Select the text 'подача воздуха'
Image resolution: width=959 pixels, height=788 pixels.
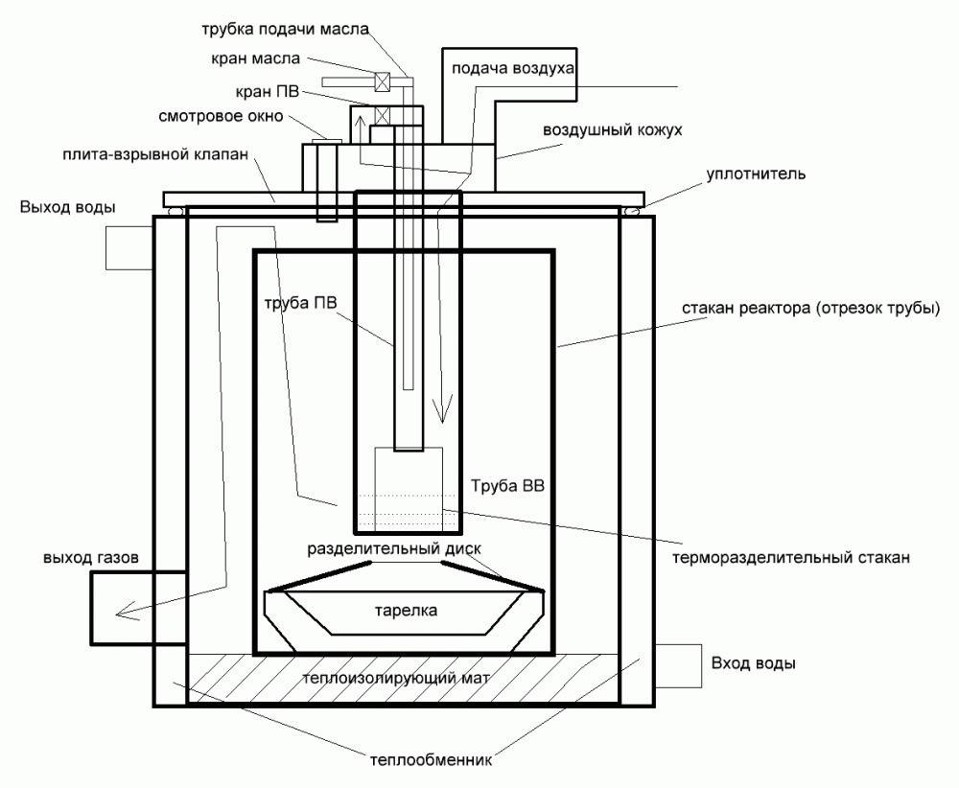509,69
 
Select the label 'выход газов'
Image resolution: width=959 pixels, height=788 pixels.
91,557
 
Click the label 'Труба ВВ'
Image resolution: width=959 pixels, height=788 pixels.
507,486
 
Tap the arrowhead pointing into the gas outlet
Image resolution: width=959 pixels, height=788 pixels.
121,614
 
